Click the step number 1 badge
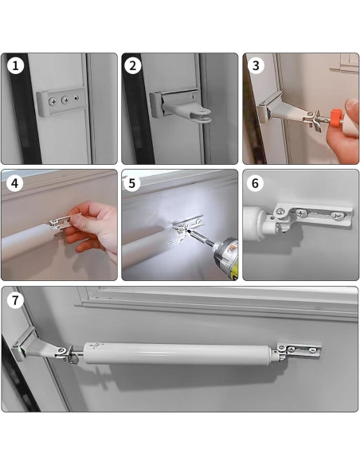point(15,66)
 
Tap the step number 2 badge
point(132,66)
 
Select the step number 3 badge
point(256,66)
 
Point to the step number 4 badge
point(15,183)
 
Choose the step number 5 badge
point(132,183)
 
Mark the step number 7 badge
point(15,300)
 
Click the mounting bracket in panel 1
point(61,101)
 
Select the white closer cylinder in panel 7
point(178,353)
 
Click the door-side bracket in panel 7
point(299,350)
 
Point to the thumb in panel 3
point(352,108)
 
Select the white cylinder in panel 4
point(28,242)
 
